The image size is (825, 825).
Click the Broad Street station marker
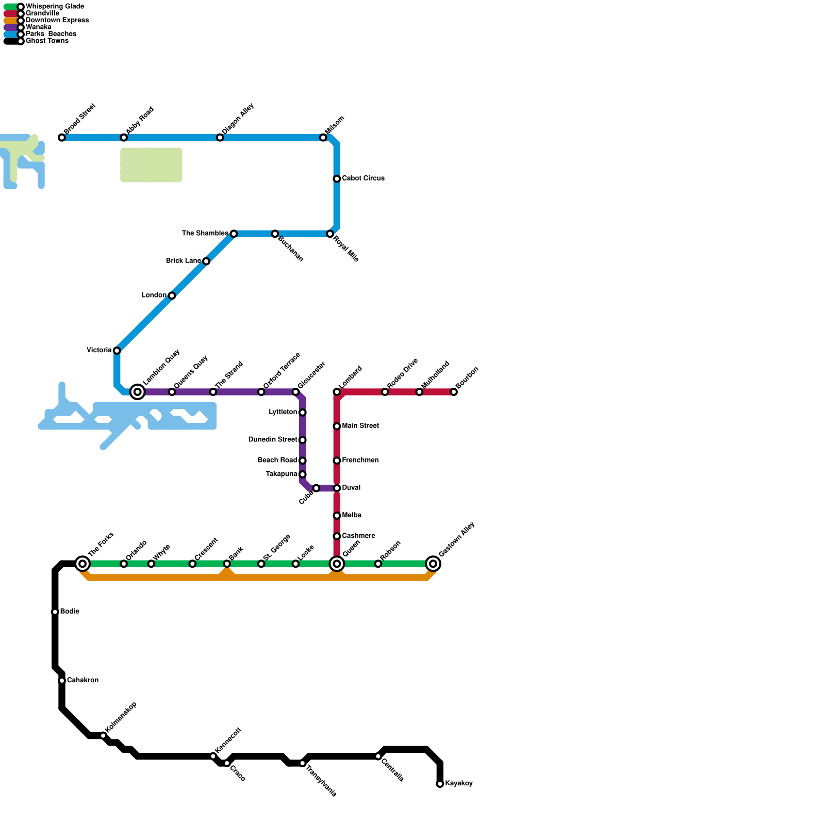click(x=62, y=138)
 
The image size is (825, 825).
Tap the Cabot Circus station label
click(x=363, y=178)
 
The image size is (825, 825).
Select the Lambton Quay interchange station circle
click(x=137, y=392)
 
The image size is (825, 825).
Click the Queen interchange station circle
click(x=337, y=564)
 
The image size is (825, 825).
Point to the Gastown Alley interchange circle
click(x=434, y=564)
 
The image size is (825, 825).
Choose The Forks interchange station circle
click(x=82, y=564)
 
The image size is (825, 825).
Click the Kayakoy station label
click(x=458, y=784)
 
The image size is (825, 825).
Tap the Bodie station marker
click(x=55, y=612)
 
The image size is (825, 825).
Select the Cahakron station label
click(x=82, y=681)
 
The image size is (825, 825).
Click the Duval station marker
click(x=337, y=488)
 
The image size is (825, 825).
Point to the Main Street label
click(x=360, y=426)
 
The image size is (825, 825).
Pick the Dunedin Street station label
click(x=272, y=440)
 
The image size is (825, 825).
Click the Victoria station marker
click(x=117, y=351)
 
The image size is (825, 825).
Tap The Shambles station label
click(x=205, y=234)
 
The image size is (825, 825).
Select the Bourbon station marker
click(x=454, y=392)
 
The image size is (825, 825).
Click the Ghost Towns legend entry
click(x=46, y=41)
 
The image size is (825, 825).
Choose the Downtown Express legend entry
click(x=57, y=21)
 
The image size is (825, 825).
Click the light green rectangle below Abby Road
click(x=151, y=165)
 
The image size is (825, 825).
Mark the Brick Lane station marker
click(x=206, y=261)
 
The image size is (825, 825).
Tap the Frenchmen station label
click(x=360, y=460)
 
